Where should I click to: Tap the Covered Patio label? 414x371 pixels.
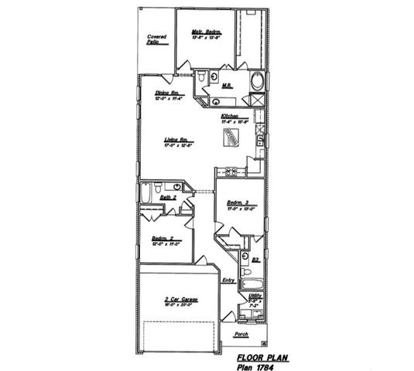[x=158, y=39]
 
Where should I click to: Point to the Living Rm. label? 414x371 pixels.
[x=177, y=139]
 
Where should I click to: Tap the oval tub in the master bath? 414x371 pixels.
[x=257, y=81]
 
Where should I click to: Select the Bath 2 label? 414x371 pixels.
[x=169, y=198]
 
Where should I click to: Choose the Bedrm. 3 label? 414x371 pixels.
[x=238, y=203]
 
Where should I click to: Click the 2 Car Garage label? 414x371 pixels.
[x=177, y=299]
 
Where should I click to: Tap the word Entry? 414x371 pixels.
[x=228, y=280]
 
